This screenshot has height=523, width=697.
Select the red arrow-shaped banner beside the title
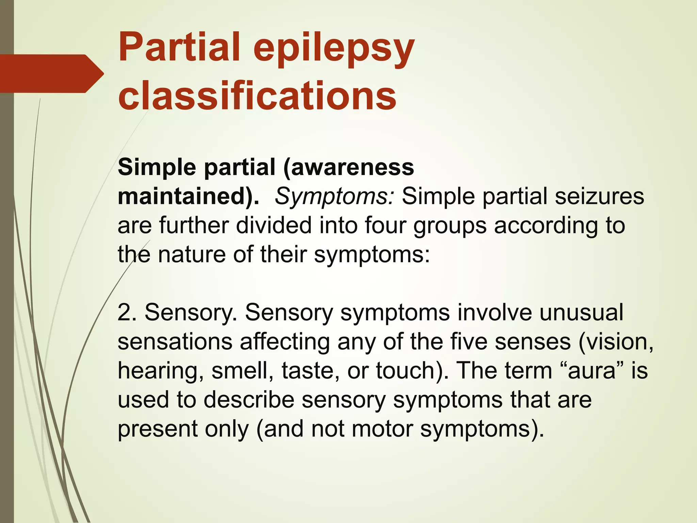point(51,74)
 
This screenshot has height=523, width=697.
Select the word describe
point(249,399)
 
